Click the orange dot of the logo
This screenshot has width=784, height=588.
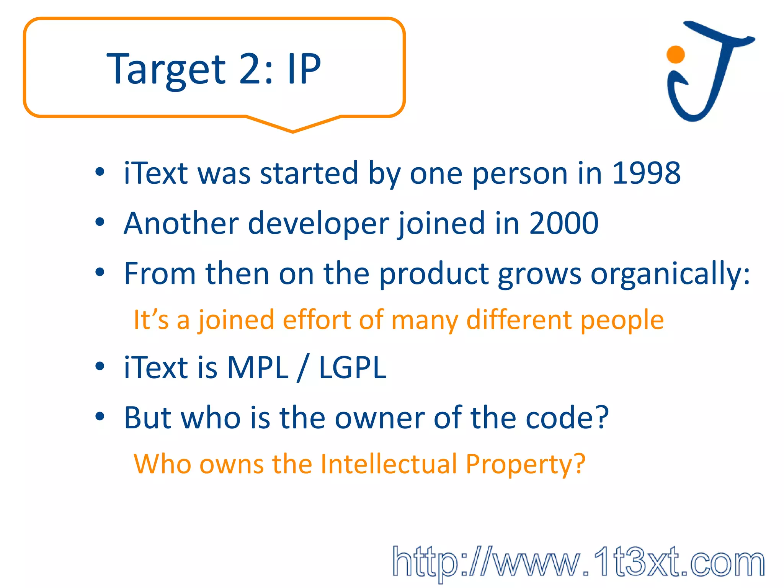click(676, 54)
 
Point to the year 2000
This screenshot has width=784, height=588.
click(563, 223)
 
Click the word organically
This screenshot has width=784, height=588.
click(670, 274)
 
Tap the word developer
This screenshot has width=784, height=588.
click(318, 224)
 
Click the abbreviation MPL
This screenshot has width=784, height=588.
click(258, 367)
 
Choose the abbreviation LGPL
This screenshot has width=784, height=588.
click(353, 367)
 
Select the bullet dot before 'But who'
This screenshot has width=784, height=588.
click(100, 416)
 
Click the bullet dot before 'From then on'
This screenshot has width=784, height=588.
click(100, 273)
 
